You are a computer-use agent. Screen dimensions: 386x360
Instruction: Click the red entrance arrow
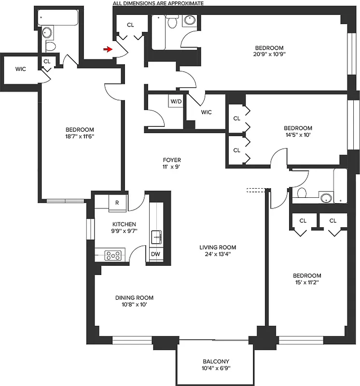[x=108, y=49]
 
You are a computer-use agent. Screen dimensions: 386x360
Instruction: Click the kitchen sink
[x=156, y=237]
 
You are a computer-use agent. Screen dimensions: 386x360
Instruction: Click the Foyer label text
[x=171, y=160]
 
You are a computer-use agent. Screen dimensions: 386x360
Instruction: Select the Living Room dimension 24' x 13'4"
[x=218, y=254]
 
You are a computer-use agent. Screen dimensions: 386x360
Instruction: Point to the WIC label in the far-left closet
[x=20, y=69]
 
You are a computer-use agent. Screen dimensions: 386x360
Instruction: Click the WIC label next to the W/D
[x=206, y=112]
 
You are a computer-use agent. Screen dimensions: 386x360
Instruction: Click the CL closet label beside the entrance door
[x=130, y=25]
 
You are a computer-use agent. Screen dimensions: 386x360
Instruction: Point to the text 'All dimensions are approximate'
[x=158, y=3]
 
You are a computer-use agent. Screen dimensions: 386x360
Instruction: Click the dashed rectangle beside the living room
[x=256, y=190]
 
